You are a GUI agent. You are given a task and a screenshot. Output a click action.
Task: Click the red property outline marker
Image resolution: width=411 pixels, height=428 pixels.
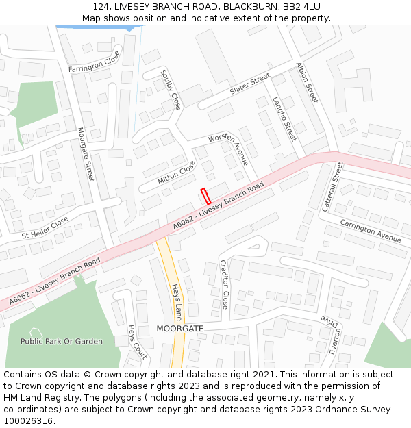pos(204,196)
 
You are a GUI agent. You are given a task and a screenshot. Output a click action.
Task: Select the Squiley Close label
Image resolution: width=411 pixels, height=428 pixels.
pos(171,89)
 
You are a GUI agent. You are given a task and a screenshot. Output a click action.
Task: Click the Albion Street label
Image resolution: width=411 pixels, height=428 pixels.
pos(307,83)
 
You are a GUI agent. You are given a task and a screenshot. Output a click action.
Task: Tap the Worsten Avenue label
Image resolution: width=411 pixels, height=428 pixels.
pos(228,149)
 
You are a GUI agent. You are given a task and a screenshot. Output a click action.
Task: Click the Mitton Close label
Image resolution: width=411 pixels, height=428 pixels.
pos(176,173)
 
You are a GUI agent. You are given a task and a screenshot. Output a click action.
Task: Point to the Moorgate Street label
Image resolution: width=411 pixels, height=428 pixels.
pos(85,154)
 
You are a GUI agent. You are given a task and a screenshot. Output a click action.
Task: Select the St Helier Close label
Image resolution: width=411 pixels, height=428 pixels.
pos(45,227)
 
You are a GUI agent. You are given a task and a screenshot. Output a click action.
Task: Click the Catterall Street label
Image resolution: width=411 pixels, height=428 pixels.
pos(332,186)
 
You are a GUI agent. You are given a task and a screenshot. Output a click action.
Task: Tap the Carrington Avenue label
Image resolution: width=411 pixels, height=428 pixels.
pos(371,231)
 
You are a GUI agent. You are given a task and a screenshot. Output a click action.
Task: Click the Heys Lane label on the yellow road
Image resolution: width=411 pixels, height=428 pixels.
pos(177,302)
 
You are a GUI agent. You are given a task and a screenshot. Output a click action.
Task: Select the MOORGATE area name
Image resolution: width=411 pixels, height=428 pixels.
pos(180,329)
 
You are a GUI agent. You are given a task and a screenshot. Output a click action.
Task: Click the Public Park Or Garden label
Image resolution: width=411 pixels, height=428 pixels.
pos(62,341)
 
